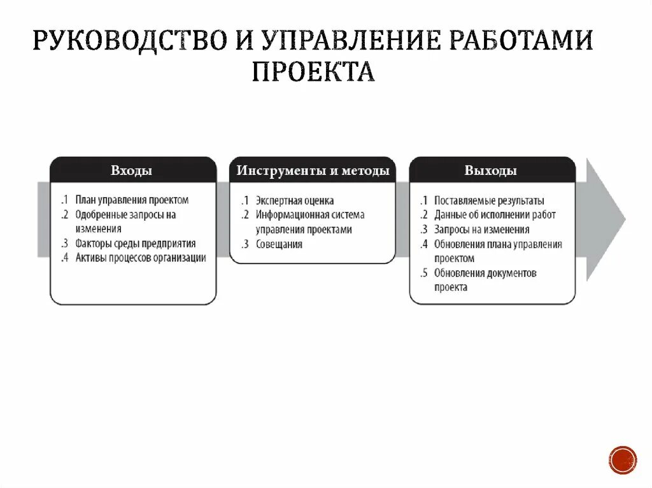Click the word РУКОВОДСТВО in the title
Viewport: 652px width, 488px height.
(x=127, y=41)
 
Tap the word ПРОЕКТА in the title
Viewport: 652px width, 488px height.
(x=313, y=71)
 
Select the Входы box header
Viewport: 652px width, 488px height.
(x=132, y=171)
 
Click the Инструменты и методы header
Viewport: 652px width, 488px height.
(x=313, y=171)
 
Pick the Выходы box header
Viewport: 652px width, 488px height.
(x=491, y=171)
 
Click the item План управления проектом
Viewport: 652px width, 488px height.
(x=132, y=200)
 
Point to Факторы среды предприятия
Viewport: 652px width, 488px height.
(x=136, y=243)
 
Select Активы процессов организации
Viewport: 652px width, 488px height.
(x=141, y=258)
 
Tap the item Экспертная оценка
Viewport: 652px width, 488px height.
(x=295, y=200)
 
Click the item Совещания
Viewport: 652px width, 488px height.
(x=279, y=244)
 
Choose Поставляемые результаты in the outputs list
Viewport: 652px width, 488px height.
(x=490, y=200)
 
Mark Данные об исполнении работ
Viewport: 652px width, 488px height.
(x=495, y=215)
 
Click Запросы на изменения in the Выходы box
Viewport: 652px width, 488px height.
(x=482, y=230)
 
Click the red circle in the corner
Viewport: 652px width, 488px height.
(x=622, y=459)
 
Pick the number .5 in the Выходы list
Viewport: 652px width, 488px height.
(x=424, y=273)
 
